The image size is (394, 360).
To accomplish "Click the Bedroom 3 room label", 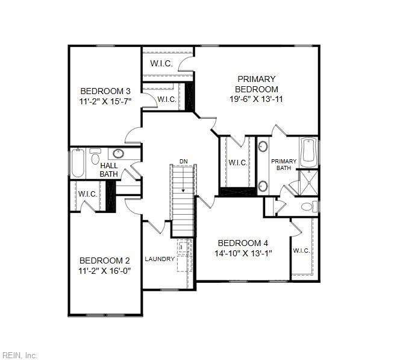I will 105,91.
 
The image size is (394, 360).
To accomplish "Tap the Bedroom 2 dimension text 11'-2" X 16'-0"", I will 105,271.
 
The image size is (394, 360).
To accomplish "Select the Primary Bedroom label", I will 256,84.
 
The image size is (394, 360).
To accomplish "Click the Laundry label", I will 160,259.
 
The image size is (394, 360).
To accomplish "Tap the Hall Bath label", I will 108,169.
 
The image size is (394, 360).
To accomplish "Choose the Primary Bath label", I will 283,165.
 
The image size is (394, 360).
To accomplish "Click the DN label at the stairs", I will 183,162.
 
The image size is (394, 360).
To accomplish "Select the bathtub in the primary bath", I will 308,151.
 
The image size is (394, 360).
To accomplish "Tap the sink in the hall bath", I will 118,153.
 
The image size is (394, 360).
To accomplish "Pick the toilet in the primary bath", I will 307,207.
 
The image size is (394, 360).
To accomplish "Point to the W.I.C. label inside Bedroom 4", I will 301,250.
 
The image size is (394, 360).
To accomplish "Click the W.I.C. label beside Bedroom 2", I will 87,194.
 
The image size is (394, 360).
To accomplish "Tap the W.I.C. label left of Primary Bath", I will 237,162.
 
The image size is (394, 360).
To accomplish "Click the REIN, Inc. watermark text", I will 19,355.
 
